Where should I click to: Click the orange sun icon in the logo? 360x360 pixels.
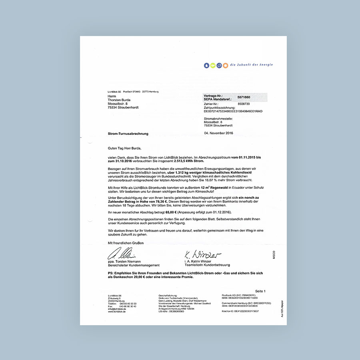coord(226,65)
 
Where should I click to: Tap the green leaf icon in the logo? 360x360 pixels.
coord(213,65)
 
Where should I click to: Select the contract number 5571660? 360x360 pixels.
coord(244,97)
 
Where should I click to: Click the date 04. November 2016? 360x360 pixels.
coord(218,133)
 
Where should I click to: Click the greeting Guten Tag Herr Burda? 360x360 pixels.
coord(124,147)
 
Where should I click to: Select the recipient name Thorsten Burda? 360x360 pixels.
coord(120,100)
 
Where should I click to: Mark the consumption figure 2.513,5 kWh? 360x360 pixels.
coord(176,162)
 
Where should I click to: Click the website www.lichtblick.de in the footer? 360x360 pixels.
coord(117,312)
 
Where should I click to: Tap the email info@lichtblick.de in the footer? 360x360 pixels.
coord(117,309)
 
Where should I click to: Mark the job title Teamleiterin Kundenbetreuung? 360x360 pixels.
coord(207,265)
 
